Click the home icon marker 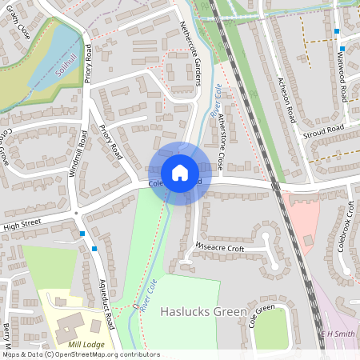click(180, 173)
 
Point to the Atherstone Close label click(210, 142)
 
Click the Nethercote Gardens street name click(194, 47)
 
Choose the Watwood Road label click(343, 75)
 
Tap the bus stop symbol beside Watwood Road click(337, 31)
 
